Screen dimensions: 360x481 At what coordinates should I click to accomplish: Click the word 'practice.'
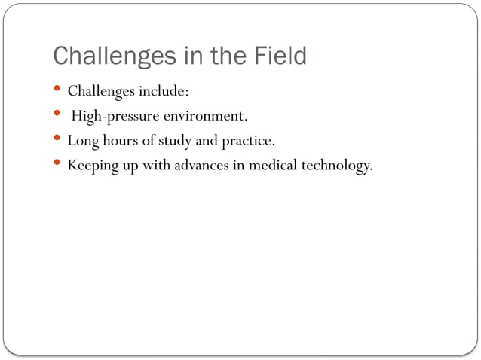coord(247,141)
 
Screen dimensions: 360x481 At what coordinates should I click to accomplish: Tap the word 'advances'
coord(203,165)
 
